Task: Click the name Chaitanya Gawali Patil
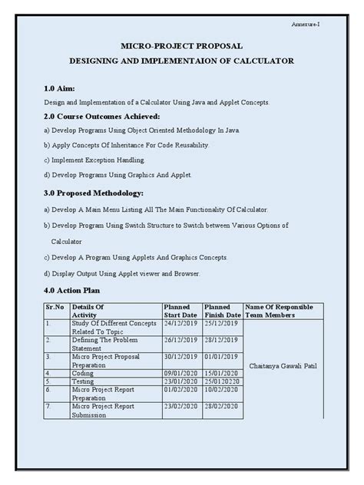pos(288,368)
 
